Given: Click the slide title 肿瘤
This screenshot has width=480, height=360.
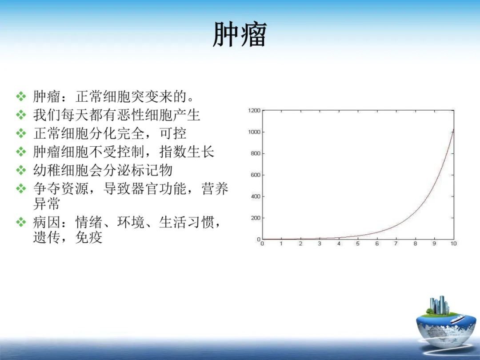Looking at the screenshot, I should point(240,35).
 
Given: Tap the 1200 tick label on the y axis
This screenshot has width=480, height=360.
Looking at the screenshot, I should point(254,111).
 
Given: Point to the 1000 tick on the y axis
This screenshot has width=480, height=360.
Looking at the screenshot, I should point(254,132).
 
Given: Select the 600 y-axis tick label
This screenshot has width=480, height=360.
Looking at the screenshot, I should point(256,175).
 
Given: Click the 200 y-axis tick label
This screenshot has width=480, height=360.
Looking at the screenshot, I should point(256,218).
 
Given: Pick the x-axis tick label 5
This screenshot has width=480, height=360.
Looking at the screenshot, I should point(358,244).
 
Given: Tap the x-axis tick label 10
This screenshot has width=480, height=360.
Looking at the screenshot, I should point(453,244).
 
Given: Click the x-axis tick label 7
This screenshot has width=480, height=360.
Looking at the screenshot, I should point(396,244).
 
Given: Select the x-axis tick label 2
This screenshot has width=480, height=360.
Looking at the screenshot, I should point(300,244).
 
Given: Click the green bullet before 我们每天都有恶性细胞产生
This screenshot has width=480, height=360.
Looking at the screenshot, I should point(21,115).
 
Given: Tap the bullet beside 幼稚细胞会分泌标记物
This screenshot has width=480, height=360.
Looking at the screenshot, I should point(21,170).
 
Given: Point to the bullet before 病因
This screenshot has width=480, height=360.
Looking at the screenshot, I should point(21,222).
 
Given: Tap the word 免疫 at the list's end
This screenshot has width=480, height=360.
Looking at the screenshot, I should point(89,237).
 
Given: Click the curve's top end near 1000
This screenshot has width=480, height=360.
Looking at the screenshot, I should point(453,130).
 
